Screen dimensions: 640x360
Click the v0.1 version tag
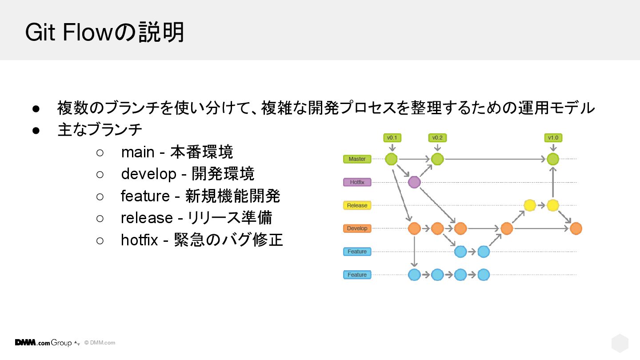click(x=392, y=138)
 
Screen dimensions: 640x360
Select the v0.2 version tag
click(x=437, y=138)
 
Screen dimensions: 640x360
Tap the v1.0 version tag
click(x=553, y=138)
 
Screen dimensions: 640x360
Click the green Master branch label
click(x=357, y=159)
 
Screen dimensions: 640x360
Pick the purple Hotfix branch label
click(x=357, y=182)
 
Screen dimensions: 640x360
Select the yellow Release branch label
click(x=357, y=205)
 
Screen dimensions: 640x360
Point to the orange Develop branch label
click(x=357, y=228)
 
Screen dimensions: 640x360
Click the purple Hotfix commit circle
click(x=414, y=182)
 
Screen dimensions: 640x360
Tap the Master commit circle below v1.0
click(x=553, y=159)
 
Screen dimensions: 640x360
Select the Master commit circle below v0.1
click(x=391, y=159)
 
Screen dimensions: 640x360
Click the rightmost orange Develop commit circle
click(x=576, y=228)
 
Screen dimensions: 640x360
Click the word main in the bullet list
click(x=138, y=152)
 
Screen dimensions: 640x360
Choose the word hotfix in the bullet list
click(x=140, y=240)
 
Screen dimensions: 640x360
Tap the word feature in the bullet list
click(x=145, y=196)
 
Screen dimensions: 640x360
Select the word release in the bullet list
click(x=147, y=218)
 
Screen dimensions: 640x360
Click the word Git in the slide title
click(x=41, y=32)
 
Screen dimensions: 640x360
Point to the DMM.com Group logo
click(x=44, y=343)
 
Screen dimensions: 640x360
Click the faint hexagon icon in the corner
click(x=620, y=343)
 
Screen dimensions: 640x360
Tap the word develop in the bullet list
click(x=149, y=174)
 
